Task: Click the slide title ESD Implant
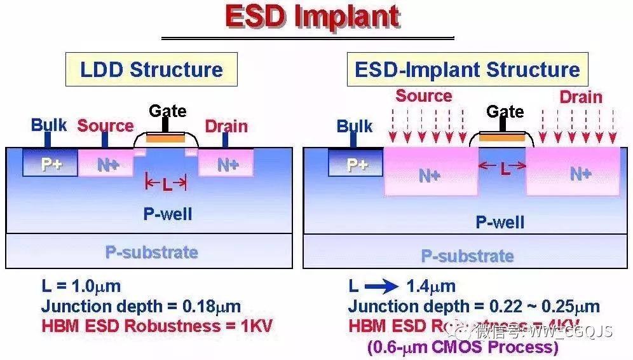(312, 17)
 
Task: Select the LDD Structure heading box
(151, 69)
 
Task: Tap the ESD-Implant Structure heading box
(467, 69)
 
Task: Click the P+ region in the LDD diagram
(50, 164)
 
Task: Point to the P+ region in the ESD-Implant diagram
(357, 164)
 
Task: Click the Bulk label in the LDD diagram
(49, 125)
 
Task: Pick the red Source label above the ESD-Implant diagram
(423, 96)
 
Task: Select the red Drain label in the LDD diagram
(226, 126)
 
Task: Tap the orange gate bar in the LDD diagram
(167, 137)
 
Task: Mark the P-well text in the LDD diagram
(167, 214)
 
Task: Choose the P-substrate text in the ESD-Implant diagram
(467, 256)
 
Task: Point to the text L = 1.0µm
(81, 286)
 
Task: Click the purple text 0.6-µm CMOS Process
(463, 347)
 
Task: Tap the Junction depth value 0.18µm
(212, 307)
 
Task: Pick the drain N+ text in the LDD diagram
(227, 165)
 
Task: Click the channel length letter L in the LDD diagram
(167, 185)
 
